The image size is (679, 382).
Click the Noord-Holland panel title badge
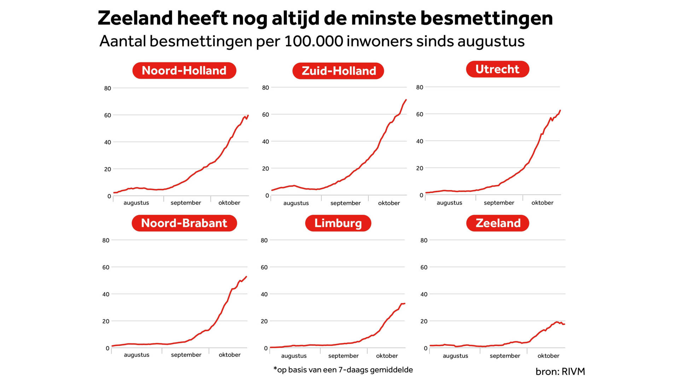click(x=184, y=70)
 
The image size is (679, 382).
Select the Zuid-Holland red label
click(x=338, y=71)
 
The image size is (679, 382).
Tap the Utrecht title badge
click(x=497, y=69)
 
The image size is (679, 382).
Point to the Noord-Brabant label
click(x=184, y=223)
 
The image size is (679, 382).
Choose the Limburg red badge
click(x=338, y=223)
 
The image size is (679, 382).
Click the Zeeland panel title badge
click(x=498, y=223)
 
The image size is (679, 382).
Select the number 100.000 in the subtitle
click(x=313, y=41)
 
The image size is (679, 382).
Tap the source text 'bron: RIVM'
click(x=560, y=371)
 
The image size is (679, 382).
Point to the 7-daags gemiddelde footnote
click(x=343, y=370)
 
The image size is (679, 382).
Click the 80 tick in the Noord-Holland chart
click(x=108, y=88)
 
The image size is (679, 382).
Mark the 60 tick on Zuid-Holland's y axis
click(x=266, y=115)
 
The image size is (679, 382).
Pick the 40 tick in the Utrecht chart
click(x=419, y=141)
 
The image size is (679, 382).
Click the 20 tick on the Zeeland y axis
click(x=424, y=321)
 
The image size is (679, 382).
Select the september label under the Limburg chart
click(x=343, y=356)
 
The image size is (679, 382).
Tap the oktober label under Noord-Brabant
click(x=230, y=355)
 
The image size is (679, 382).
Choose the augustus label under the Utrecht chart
click(x=449, y=203)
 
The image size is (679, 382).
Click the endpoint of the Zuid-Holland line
click(x=406, y=100)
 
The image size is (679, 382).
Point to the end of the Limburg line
click(x=404, y=303)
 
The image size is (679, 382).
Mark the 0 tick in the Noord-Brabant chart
click(x=108, y=348)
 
